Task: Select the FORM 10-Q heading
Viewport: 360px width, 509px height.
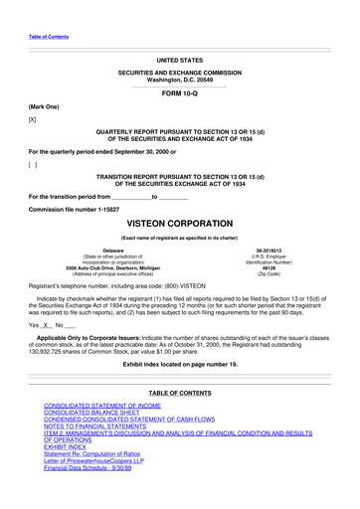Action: click(x=179, y=91)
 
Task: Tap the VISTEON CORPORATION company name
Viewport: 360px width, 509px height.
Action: click(x=179, y=225)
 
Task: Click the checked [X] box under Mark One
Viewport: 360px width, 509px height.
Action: click(x=33, y=118)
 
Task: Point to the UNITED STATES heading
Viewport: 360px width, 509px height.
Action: click(x=179, y=60)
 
